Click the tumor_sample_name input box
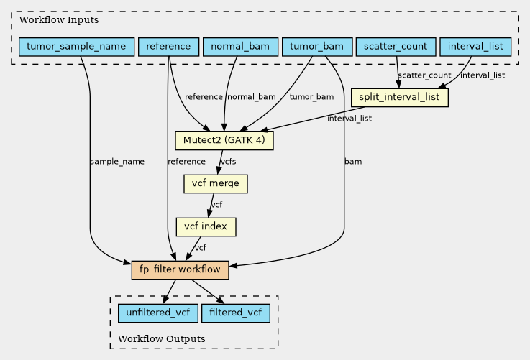pyautogui.click(x=76, y=47)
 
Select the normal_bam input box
pyautogui.click(x=240, y=47)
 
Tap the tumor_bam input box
pyautogui.click(x=317, y=47)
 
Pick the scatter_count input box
pyautogui.click(x=396, y=47)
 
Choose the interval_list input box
pyautogui.click(x=475, y=47)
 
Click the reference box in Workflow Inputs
pyautogui.click(x=169, y=47)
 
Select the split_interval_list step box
pyautogui.click(x=400, y=98)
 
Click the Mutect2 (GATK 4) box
pyautogui.click(x=224, y=141)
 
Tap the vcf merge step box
pyautogui.click(x=216, y=184)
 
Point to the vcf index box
pyautogui.click(x=206, y=226)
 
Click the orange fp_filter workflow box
pyautogui.click(x=181, y=270)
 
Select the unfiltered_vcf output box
pyautogui.click(x=158, y=313)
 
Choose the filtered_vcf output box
pyautogui.click(x=236, y=313)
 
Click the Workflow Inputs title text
pyautogui.click(x=59, y=20)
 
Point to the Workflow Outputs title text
pyautogui.click(x=162, y=338)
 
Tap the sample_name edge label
pyautogui.click(x=117, y=162)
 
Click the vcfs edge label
pyautogui.click(x=228, y=162)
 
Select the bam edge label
pyautogui.click(x=353, y=162)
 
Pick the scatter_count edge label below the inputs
pyautogui.click(x=424, y=75)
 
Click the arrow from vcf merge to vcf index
pyautogui.click(x=211, y=206)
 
